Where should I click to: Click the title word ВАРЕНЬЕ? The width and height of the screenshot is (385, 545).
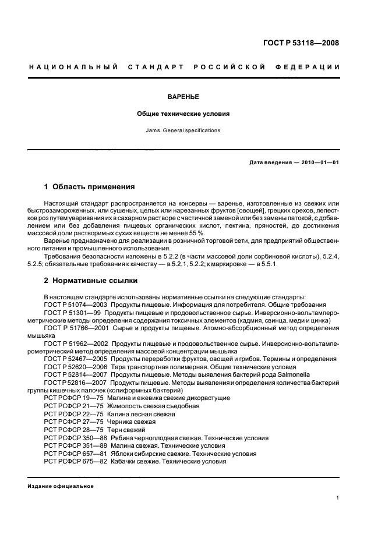click(x=183, y=98)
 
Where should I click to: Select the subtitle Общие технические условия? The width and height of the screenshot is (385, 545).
click(x=183, y=114)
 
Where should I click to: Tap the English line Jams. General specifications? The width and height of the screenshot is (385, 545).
click(x=183, y=130)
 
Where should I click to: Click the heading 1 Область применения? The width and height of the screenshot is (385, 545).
click(x=90, y=187)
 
